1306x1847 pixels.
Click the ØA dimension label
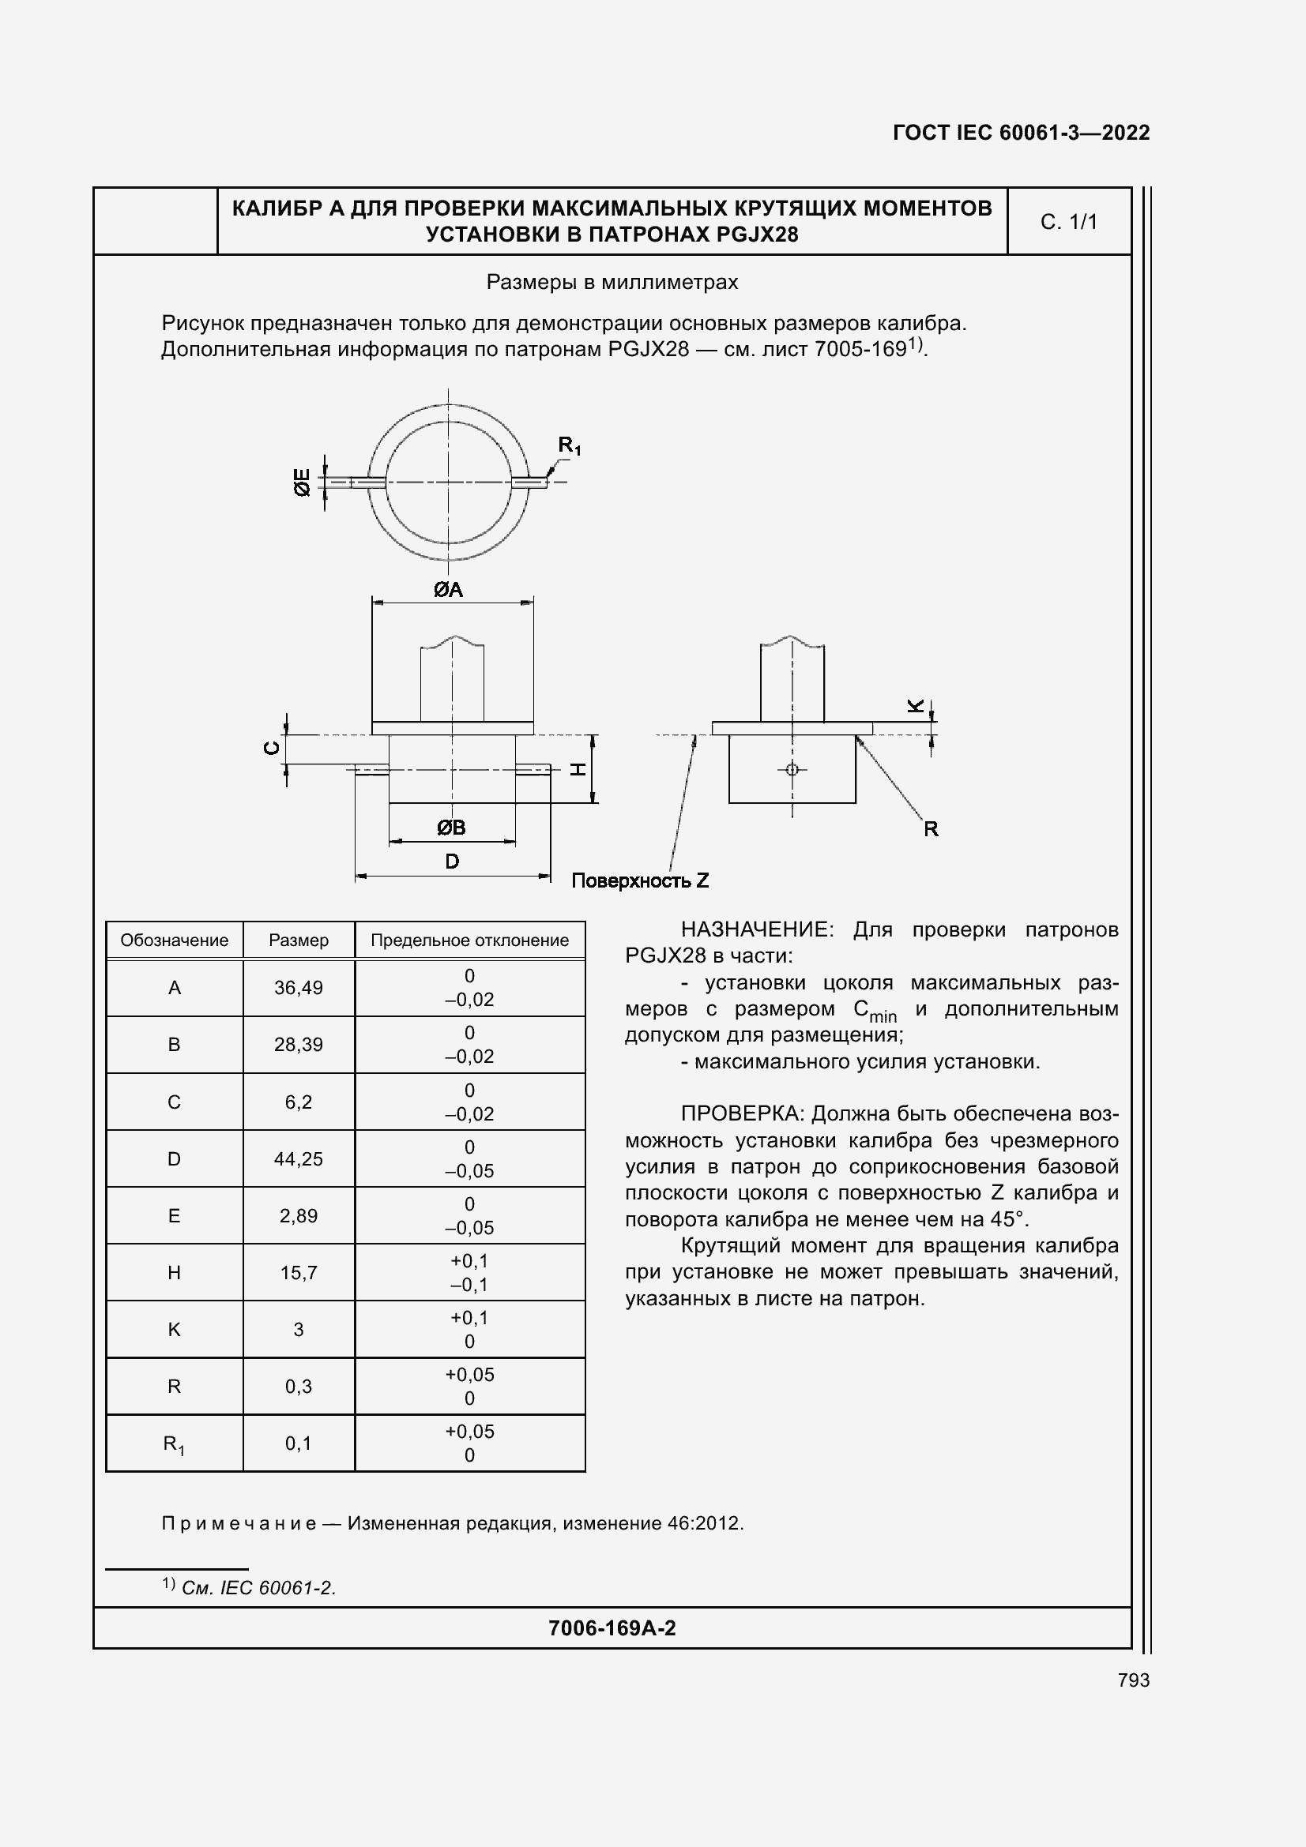[x=448, y=590]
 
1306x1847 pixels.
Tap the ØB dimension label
[x=450, y=827]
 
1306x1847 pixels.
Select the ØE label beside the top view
[x=302, y=482]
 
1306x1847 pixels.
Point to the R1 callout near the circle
[x=569, y=445]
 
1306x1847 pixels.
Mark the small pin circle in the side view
[x=792, y=769]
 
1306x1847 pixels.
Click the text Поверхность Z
[x=640, y=881]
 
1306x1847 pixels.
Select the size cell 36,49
[x=299, y=988]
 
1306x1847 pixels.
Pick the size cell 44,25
[x=299, y=1158]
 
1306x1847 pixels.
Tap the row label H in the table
[x=174, y=1273]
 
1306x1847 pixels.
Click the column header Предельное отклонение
[x=469, y=940]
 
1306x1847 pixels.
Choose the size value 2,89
[x=299, y=1215]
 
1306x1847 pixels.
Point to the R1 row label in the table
[x=174, y=1444]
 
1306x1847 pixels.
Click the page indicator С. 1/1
[x=1069, y=222]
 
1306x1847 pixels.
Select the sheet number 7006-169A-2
[x=612, y=1628]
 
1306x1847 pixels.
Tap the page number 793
[x=1133, y=1680]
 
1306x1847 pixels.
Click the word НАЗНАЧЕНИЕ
[x=755, y=930]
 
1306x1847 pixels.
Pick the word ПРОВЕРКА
[x=741, y=1114]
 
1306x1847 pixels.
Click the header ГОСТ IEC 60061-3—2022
[x=1020, y=133]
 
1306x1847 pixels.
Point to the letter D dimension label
[x=452, y=862]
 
